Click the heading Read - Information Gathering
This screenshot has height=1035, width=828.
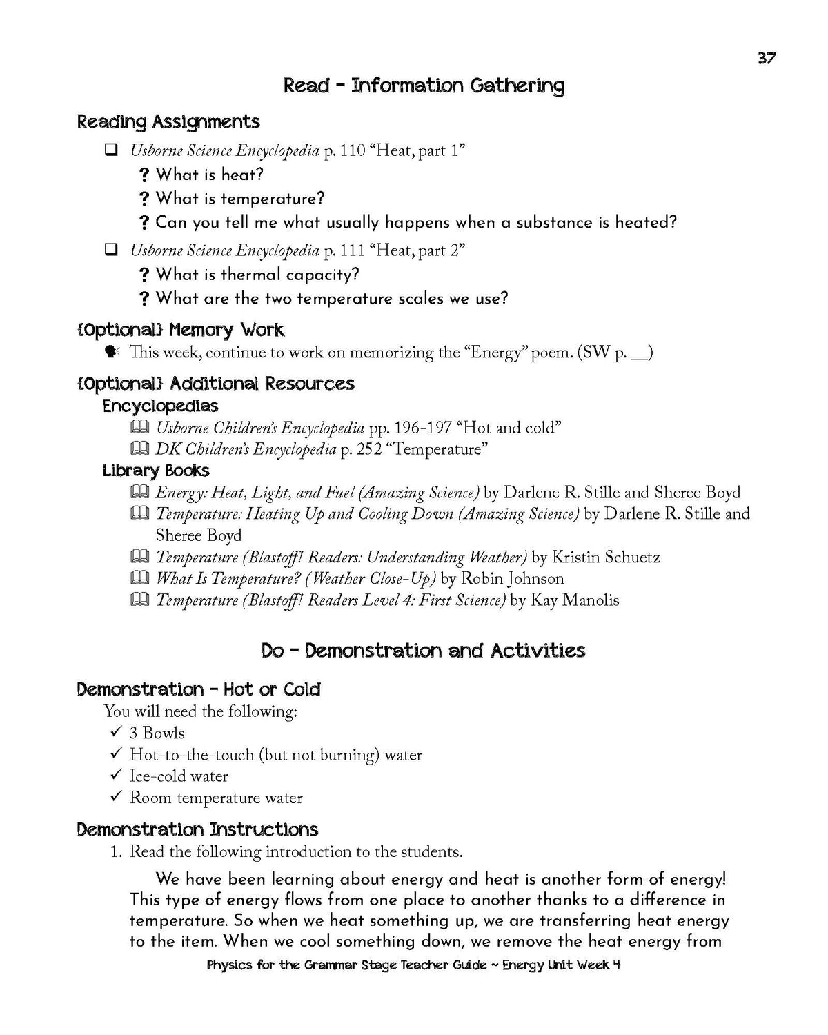[424, 86]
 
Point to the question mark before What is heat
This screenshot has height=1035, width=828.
[144, 175]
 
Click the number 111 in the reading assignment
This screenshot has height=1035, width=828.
[352, 250]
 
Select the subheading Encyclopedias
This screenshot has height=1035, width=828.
[160, 406]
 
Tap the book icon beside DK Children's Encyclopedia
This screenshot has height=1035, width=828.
[139, 449]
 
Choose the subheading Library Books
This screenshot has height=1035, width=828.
[156, 471]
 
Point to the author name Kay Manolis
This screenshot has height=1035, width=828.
[574, 600]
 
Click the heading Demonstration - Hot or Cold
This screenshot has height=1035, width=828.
[199, 689]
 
